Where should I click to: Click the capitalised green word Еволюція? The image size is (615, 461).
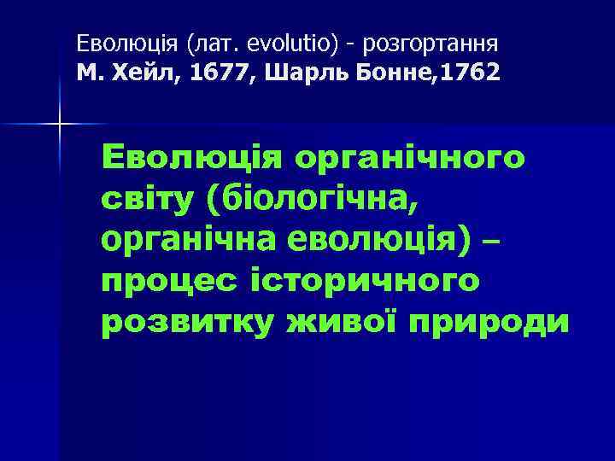tap(192, 158)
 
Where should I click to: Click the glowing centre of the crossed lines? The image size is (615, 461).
tap(59, 125)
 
